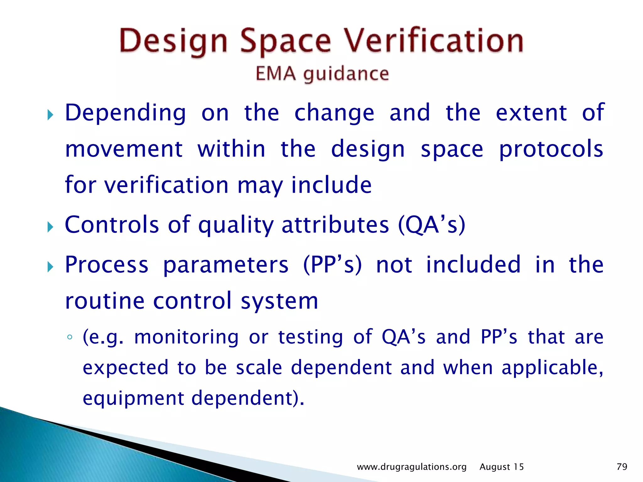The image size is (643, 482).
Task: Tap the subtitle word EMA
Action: pyautogui.click(x=275, y=74)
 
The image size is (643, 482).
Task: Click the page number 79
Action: pyautogui.click(x=622, y=467)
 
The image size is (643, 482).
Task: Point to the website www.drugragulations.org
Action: pyautogui.click(x=412, y=467)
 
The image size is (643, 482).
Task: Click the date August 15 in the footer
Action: pyautogui.click(x=501, y=467)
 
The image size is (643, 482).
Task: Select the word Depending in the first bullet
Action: pyautogui.click(x=126, y=113)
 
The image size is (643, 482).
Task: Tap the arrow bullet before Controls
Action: pyautogui.click(x=50, y=227)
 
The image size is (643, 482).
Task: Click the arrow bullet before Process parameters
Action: pyautogui.click(x=50, y=267)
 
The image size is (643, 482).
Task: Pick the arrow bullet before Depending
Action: pyautogui.click(x=50, y=115)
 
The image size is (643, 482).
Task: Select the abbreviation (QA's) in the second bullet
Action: pyautogui.click(x=431, y=225)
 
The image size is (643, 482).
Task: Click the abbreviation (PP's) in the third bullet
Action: pyautogui.click(x=332, y=265)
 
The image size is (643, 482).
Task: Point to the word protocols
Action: pyautogui.click(x=551, y=149)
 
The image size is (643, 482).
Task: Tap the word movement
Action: pyautogui.click(x=124, y=149)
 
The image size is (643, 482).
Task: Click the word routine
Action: pyautogui.click(x=105, y=301)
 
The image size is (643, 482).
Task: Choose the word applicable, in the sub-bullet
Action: pyautogui.click(x=552, y=368)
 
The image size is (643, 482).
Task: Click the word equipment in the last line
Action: pyautogui.click(x=133, y=398)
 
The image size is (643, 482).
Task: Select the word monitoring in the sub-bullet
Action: pyautogui.click(x=186, y=337)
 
